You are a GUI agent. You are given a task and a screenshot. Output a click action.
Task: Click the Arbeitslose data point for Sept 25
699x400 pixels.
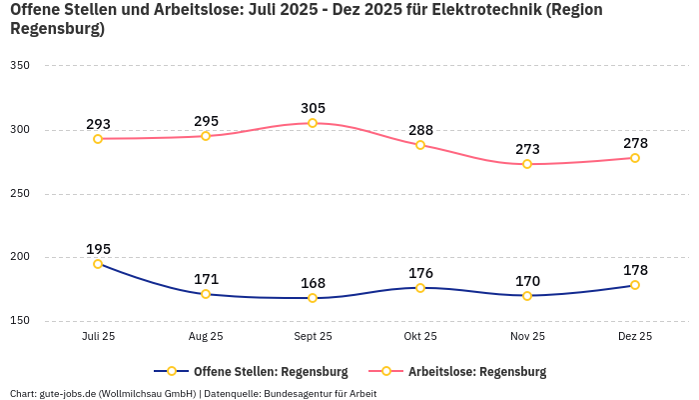tap(313, 123)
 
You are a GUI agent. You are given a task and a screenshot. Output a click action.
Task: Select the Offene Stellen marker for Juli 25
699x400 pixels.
tap(98, 264)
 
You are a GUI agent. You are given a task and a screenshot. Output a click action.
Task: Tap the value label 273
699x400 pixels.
tap(527, 150)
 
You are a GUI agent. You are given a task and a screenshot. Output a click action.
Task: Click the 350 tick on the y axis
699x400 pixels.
tap(20, 66)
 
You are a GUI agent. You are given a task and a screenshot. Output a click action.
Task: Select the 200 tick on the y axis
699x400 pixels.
tap(20, 257)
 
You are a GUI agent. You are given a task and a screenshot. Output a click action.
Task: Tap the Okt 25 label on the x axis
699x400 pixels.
tap(420, 336)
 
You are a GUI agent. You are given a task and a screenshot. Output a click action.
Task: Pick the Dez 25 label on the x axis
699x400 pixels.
tap(635, 336)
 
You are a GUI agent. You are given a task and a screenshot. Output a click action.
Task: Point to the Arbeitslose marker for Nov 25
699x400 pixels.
tap(527, 164)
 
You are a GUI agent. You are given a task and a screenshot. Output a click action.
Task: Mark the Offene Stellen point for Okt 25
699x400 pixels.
tap(420, 288)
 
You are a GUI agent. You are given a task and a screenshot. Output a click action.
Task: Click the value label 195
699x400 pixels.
tap(98, 249)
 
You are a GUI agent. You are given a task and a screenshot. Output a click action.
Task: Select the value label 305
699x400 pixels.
tap(313, 108)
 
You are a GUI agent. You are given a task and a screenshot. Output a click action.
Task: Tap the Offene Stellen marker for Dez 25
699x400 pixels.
tap(635, 285)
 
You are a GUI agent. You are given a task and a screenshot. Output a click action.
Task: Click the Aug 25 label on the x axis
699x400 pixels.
tap(206, 336)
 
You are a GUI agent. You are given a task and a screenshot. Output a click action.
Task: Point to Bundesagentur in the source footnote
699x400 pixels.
tap(299, 393)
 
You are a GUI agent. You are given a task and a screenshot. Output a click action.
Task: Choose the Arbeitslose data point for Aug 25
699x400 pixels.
tap(206, 136)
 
